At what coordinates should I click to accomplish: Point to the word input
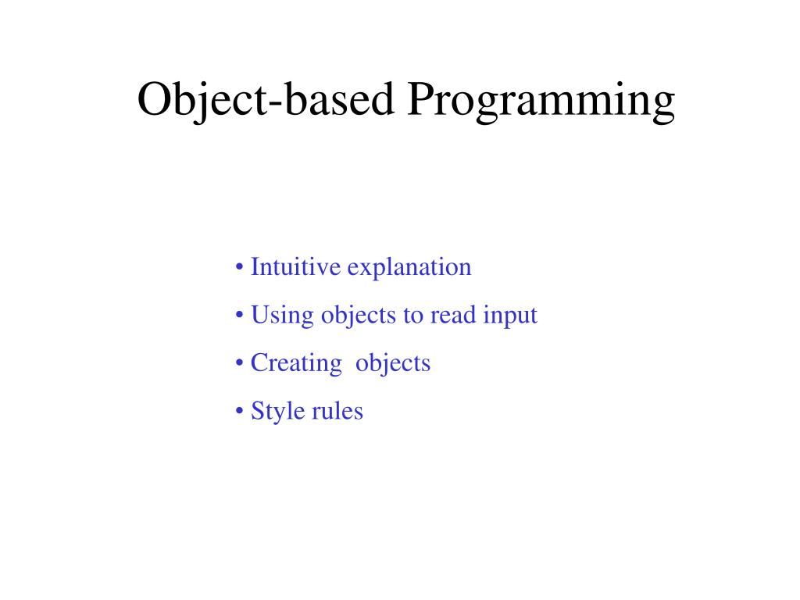510,316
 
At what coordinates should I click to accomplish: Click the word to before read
412,316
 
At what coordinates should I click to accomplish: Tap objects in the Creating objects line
393,364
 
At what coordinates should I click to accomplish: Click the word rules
337,411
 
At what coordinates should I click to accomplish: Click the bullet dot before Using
238,316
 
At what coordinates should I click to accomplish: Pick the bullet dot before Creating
238,364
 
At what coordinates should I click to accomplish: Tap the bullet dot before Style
238,412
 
